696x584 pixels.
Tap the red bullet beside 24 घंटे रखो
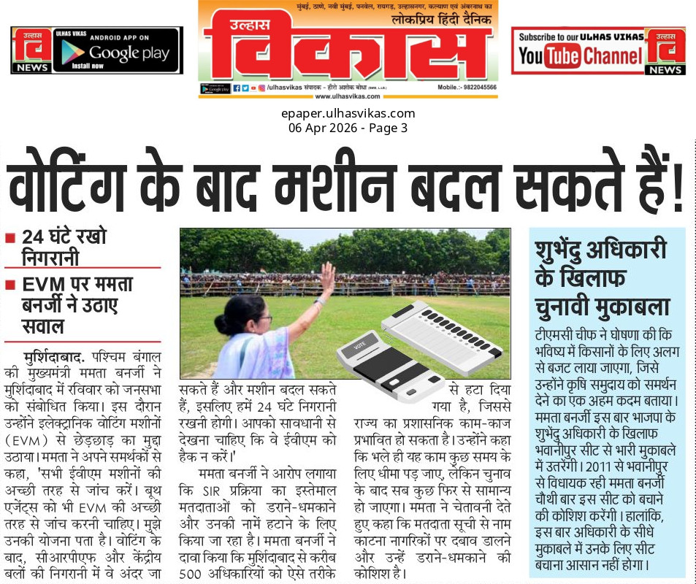coord(10,238)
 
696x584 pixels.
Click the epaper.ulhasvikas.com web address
coord(348,113)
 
